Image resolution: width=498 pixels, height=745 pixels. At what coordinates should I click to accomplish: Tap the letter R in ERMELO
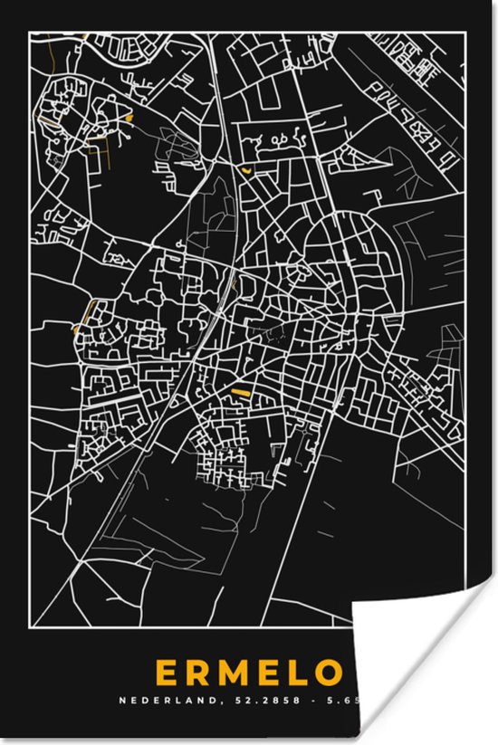point(198,673)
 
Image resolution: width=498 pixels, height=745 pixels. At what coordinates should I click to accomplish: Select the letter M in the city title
point(235,673)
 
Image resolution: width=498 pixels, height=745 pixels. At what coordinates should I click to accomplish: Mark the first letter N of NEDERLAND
point(122,700)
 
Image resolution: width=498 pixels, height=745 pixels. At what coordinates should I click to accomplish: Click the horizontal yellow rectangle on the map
point(240,391)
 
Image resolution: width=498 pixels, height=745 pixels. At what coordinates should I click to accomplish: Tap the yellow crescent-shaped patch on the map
point(246,168)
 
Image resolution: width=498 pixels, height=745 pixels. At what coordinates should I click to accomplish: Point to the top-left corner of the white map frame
point(32,33)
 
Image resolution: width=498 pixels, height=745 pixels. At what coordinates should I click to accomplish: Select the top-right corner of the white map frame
point(465,33)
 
